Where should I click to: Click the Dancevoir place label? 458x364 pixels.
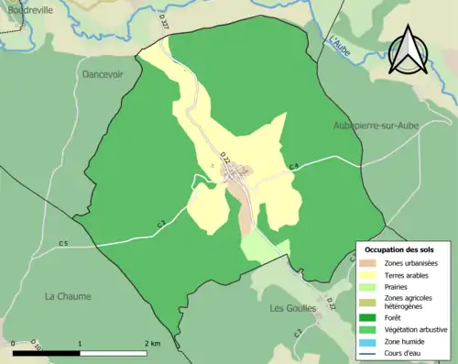[x=103, y=74]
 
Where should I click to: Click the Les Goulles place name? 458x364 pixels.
[x=292, y=308]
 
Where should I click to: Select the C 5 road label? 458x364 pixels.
[x=63, y=243]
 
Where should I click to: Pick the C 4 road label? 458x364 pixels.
[x=293, y=165]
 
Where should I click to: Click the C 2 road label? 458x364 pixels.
[x=298, y=331]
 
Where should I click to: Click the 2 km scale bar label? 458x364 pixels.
[x=152, y=344]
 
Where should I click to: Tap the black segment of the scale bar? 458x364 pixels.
[x=47, y=352]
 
